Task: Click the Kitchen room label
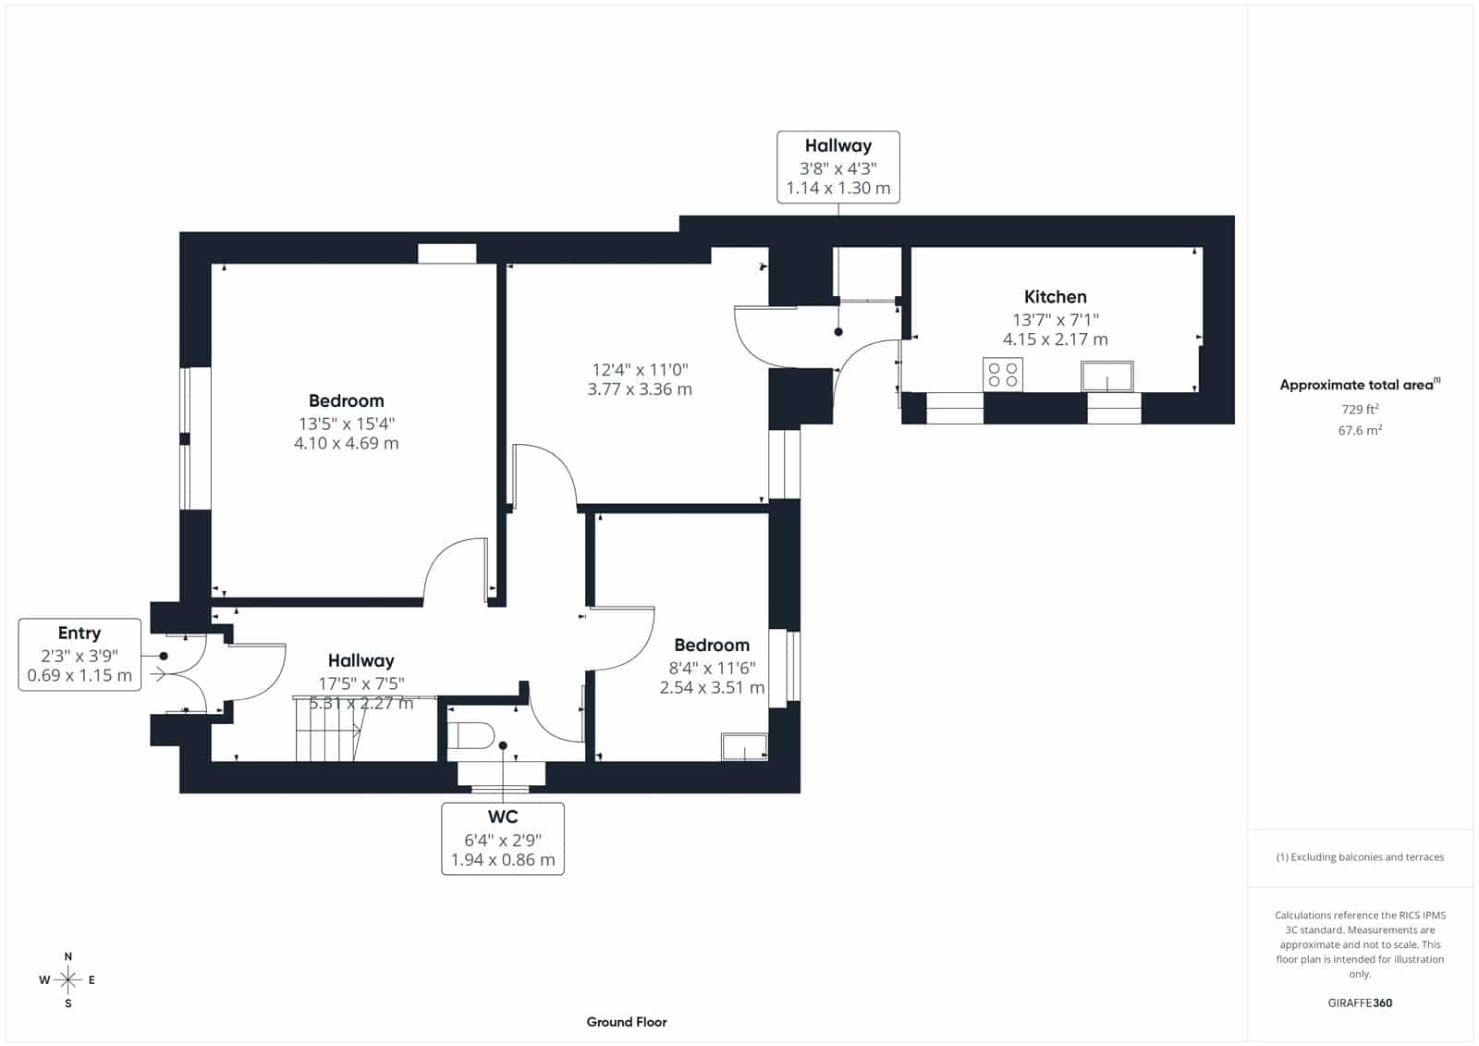[1055, 297]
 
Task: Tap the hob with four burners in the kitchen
[1002, 375]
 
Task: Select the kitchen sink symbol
[1107, 376]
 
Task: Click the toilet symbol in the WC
[471, 735]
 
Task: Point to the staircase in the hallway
[329, 731]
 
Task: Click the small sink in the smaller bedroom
[744, 746]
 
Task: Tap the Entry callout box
[79, 654]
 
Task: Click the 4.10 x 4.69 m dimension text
[346, 443]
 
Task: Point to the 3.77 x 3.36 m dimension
[639, 389]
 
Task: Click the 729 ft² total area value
[1360, 409]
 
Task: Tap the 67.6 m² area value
[1360, 430]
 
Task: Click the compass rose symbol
[68, 979]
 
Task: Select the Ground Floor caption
[627, 1022]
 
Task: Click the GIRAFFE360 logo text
[1360, 1003]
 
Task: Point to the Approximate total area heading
[1360, 385]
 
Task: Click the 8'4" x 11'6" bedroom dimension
[712, 668]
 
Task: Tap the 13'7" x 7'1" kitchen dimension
[1055, 320]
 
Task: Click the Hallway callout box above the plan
[837, 167]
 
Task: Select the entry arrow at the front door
[158, 674]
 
